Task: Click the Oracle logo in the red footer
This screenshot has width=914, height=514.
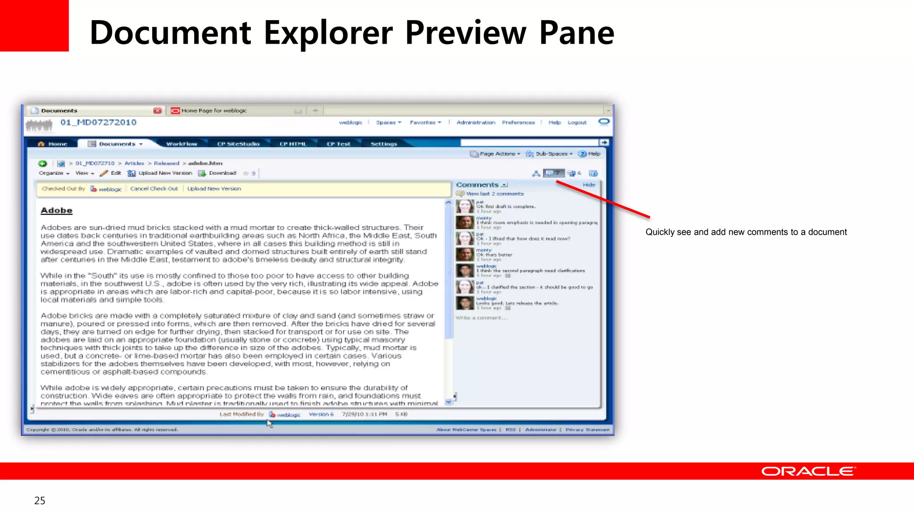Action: coord(808,471)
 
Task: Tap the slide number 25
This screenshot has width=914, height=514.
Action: coord(40,501)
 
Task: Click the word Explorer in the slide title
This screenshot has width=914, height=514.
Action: coord(328,33)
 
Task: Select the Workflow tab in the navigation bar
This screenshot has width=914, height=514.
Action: coord(181,144)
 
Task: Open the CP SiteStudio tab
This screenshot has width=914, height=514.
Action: coord(238,144)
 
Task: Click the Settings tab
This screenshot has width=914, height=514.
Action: coord(384,144)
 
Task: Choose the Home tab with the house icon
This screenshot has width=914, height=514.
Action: coord(53,144)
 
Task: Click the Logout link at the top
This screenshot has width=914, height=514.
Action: coord(577,122)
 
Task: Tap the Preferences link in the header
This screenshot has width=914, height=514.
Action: coord(518,122)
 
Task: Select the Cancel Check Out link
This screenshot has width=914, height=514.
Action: coord(154,189)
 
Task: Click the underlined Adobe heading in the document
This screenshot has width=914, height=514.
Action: coord(57,211)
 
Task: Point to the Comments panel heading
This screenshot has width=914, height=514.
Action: coord(477,185)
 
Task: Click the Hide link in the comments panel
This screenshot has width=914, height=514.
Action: coord(589,185)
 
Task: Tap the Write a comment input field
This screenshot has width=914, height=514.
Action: coord(482,318)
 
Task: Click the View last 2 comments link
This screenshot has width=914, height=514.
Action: coord(494,194)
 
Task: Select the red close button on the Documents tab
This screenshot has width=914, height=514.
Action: coord(157,111)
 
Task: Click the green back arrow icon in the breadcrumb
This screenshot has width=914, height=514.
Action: coord(43,163)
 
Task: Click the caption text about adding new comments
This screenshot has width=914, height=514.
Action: coord(746,232)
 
